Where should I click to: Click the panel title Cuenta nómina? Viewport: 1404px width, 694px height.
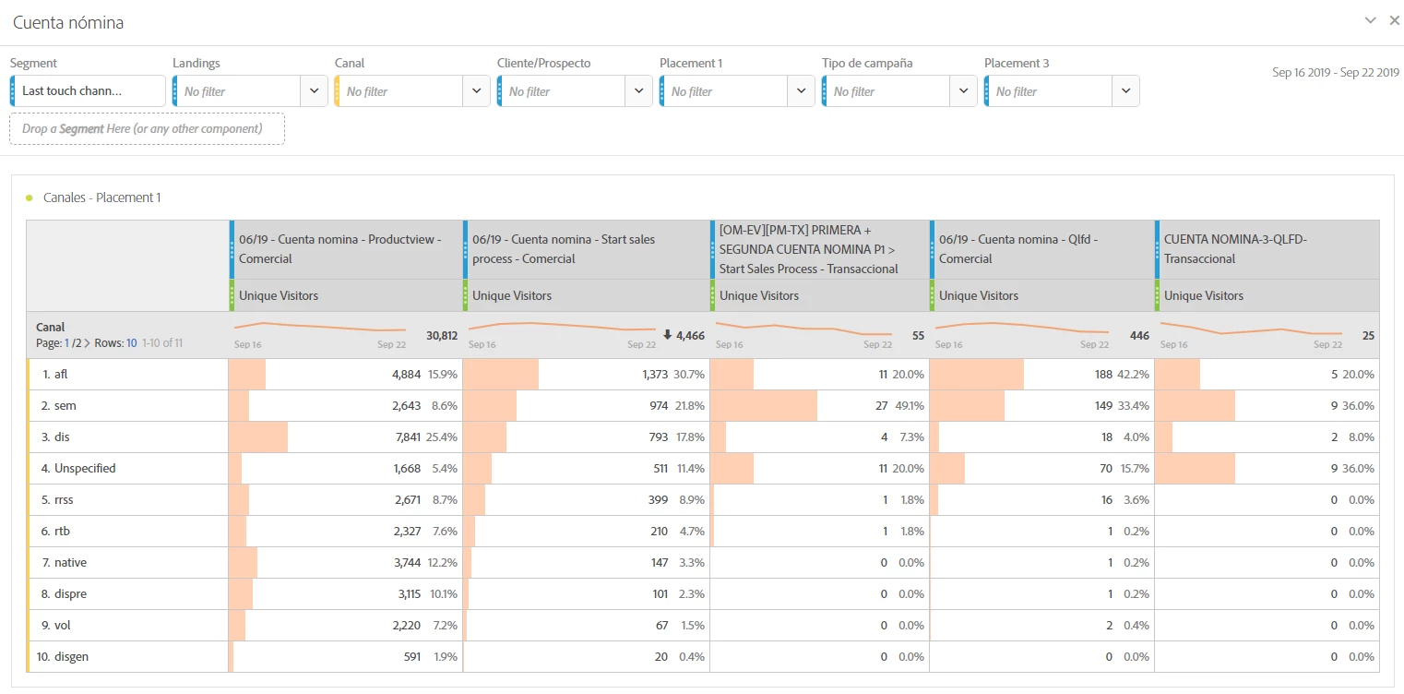[x=68, y=23]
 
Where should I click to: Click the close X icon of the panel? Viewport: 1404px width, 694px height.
[x=1395, y=20]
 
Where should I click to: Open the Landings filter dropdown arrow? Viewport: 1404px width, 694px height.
[x=314, y=90]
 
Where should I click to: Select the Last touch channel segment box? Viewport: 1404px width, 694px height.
[x=89, y=90]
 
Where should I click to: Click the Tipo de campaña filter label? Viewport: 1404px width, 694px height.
[x=867, y=63]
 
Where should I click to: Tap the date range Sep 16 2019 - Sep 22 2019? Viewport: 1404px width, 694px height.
[x=1335, y=73]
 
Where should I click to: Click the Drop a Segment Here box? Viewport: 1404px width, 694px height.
[x=148, y=128]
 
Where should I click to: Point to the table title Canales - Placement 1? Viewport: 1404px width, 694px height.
[x=101, y=197]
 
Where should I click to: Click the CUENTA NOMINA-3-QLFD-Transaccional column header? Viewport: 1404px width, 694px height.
[x=1236, y=249]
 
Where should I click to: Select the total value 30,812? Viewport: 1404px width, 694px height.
[x=441, y=336]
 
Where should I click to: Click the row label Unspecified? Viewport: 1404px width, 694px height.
[x=85, y=468]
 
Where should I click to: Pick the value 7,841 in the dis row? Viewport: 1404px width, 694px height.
[x=406, y=437]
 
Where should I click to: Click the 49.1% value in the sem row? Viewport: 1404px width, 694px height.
[x=908, y=405]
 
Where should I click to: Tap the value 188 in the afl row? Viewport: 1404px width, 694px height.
[x=1102, y=374]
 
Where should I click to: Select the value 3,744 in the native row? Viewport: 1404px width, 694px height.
[x=406, y=562]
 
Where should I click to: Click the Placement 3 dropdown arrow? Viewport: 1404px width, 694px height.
[x=1125, y=90]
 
